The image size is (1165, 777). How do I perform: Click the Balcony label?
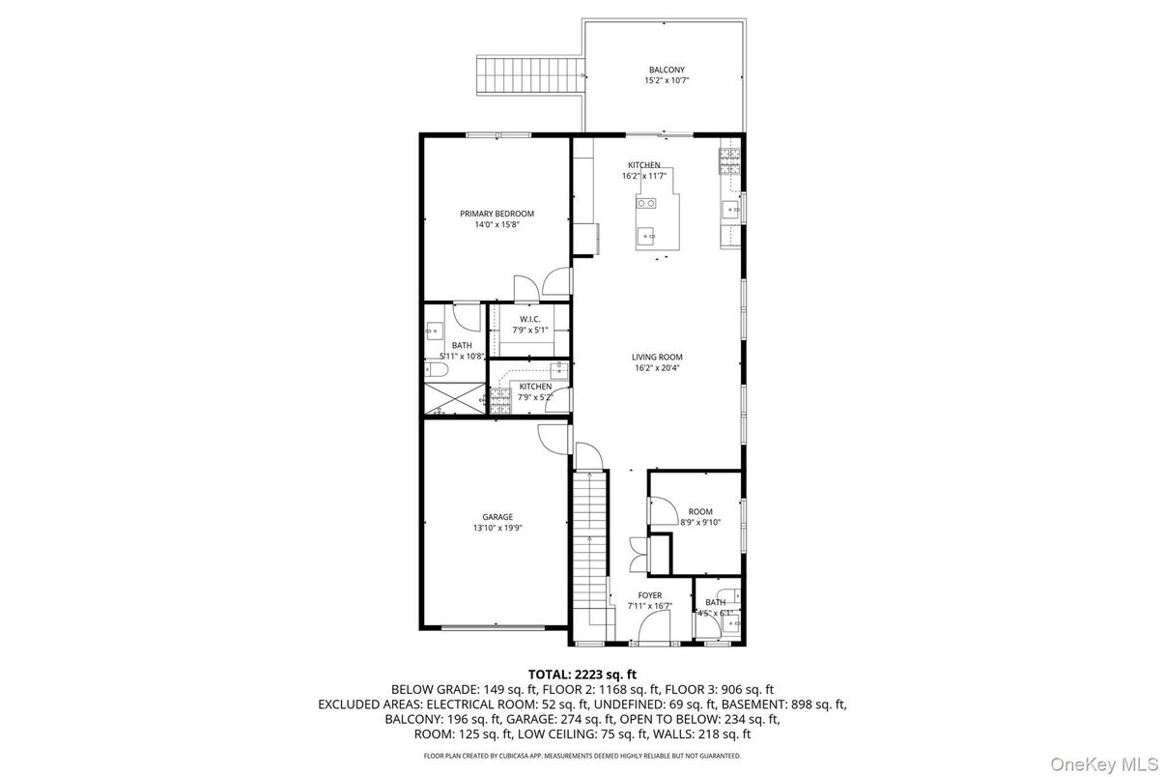click(666, 70)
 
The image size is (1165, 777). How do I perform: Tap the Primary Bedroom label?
click(497, 214)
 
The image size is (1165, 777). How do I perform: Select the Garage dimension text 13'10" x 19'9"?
click(497, 528)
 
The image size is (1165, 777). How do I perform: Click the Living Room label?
click(657, 357)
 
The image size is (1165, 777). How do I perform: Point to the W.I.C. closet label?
click(529, 319)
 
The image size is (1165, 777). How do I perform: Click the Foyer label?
click(649, 595)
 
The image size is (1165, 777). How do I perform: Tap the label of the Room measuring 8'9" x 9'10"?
click(700, 511)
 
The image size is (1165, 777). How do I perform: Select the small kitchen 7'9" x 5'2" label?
click(535, 387)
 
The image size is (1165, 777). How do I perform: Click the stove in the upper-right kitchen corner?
click(729, 159)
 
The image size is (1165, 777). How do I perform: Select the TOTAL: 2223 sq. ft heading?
click(582, 674)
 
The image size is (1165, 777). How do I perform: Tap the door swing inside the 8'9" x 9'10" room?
click(661, 510)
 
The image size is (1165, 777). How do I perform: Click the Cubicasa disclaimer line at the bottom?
click(582, 756)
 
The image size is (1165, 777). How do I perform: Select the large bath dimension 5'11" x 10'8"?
click(462, 357)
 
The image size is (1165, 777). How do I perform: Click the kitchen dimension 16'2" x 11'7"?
click(644, 177)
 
